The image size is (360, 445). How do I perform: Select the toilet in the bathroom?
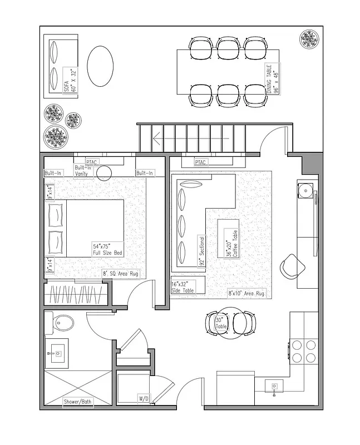pos(62,323)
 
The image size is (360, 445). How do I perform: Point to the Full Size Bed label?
pos(107,249)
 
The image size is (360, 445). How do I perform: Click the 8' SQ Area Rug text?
pos(120,274)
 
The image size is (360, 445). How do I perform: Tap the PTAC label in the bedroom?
pos(92,162)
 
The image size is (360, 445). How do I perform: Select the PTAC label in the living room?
pos(200,162)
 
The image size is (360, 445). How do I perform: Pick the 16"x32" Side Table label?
pos(184,286)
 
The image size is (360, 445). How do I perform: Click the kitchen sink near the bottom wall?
pos(274,386)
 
